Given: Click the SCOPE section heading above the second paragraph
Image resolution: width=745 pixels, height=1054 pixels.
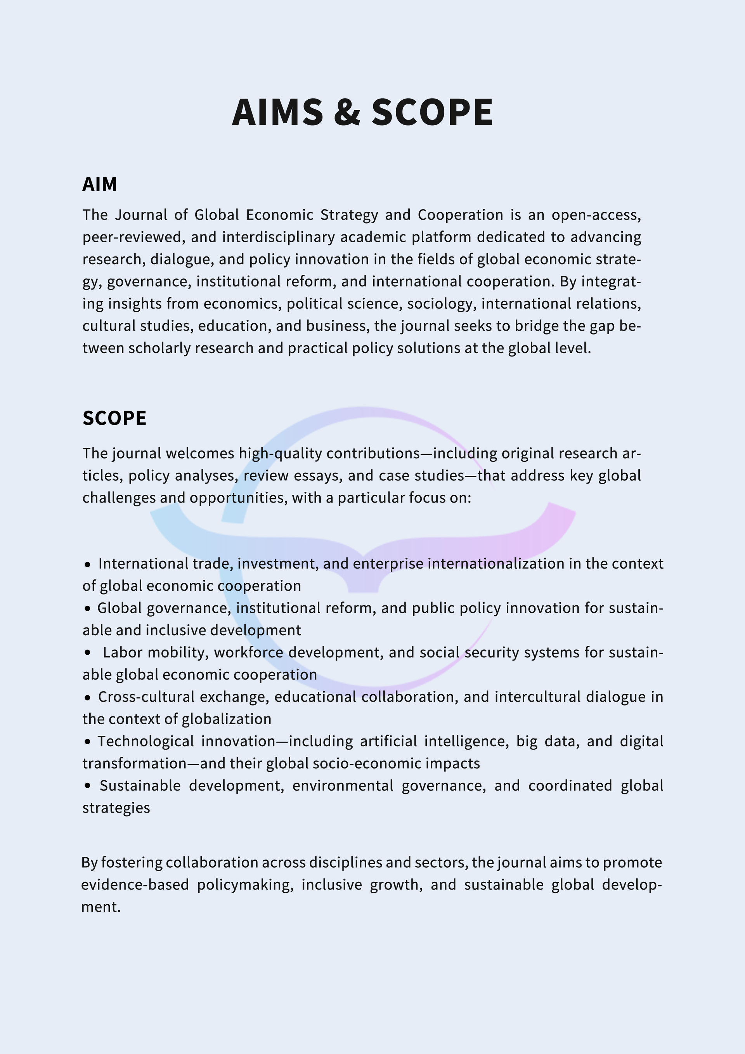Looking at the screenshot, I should (114, 418).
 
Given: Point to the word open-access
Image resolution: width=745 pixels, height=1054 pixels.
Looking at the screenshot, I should (596, 215).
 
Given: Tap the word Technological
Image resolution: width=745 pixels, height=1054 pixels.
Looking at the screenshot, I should (146, 741).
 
